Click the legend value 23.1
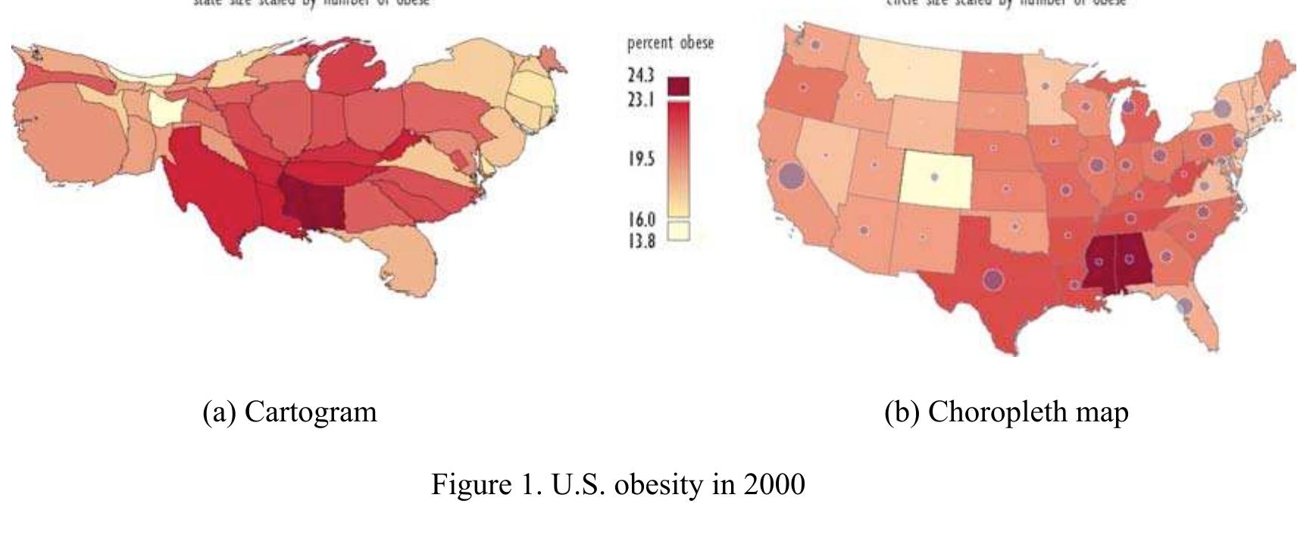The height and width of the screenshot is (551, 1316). point(640,99)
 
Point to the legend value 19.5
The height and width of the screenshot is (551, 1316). point(640,158)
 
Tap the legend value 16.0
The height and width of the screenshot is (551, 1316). point(641,220)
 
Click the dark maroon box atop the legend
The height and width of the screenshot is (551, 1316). point(679,85)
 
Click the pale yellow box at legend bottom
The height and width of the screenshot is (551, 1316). point(679,230)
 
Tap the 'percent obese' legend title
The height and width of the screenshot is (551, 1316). point(670,43)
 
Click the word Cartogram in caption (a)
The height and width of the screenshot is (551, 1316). point(311,412)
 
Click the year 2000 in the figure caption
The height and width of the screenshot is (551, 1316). point(774,483)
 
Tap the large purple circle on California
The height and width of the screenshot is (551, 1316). point(790,176)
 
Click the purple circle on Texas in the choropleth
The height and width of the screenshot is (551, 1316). point(993,279)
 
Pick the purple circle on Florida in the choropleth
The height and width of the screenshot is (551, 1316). point(1185,307)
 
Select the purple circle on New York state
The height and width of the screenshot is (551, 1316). point(1221,108)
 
